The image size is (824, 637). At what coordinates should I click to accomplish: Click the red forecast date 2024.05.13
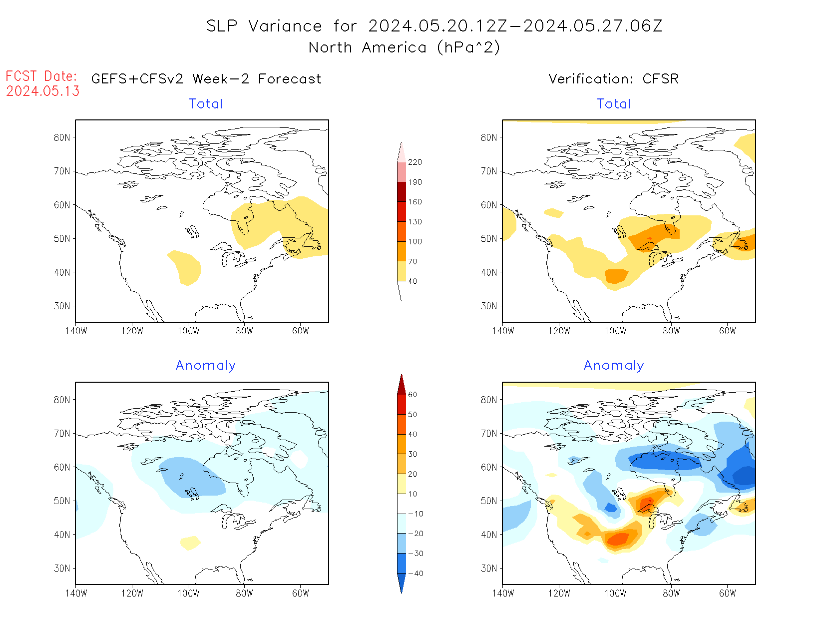pyautogui.click(x=43, y=91)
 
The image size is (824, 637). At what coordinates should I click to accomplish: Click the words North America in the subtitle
pyautogui.click(x=368, y=47)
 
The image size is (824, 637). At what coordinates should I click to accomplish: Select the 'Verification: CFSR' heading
pyautogui.click(x=613, y=79)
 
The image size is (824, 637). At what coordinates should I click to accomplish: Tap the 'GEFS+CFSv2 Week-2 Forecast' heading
pyautogui.click(x=206, y=79)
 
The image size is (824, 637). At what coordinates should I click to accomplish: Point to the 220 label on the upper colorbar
pyautogui.click(x=414, y=162)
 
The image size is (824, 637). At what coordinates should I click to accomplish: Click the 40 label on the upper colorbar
pyautogui.click(x=412, y=281)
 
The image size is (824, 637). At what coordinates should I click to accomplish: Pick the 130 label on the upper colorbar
pyautogui.click(x=414, y=222)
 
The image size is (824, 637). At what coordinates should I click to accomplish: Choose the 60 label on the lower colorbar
pyautogui.click(x=412, y=395)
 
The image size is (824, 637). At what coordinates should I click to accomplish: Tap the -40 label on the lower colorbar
pyautogui.click(x=415, y=574)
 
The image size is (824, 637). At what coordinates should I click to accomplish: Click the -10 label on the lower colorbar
pyautogui.click(x=415, y=514)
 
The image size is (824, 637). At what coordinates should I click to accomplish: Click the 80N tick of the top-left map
pyautogui.click(x=62, y=137)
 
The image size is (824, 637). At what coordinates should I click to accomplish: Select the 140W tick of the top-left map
pyautogui.click(x=76, y=331)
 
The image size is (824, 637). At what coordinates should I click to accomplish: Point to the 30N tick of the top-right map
pyautogui.click(x=489, y=306)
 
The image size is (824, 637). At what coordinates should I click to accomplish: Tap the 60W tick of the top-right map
pyautogui.click(x=728, y=331)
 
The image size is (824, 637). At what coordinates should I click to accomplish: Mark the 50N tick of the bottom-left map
pyautogui.click(x=62, y=501)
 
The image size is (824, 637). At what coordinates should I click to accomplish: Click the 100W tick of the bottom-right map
pyautogui.click(x=615, y=593)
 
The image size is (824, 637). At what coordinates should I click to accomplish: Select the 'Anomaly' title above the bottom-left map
pyautogui.click(x=205, y=365)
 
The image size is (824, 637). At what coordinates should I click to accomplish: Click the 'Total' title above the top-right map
pyautogui.click(x=614, y=104)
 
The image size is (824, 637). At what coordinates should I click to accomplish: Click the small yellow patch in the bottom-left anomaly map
pyautogui.click(x=190, y=542)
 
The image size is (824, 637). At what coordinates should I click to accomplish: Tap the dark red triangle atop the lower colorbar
pyautogui.click(x=402, y=385)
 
